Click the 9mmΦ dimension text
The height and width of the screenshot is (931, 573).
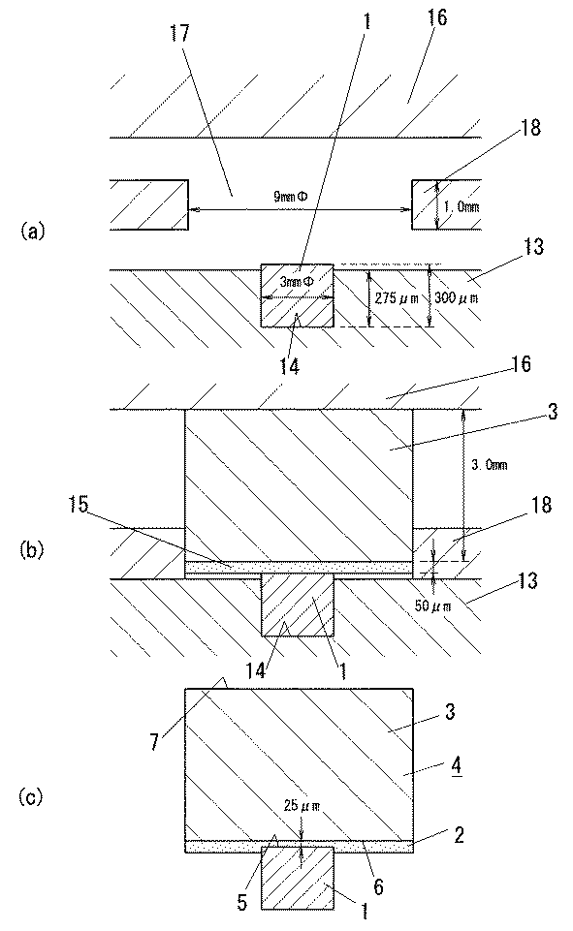291,197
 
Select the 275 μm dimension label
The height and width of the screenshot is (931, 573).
395,297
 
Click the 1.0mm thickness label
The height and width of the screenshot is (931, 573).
462,207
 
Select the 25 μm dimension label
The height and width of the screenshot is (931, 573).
302,806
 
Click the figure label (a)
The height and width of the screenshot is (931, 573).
32,230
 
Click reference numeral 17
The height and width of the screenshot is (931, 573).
179,33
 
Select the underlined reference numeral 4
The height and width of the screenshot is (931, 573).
457,766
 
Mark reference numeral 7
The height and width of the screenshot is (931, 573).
154,741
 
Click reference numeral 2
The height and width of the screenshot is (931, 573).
459,835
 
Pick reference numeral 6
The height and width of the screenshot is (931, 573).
378,885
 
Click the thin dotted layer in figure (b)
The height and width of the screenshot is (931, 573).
299,568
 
